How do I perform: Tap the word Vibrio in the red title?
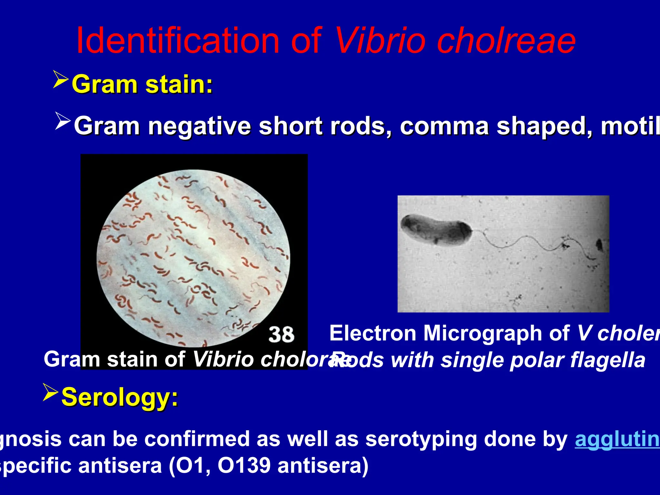(x=380, y=41)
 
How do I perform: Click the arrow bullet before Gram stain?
(x=61, y=80)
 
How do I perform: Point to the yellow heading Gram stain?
(x=142, y=84)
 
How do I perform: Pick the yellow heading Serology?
(x=120, y=397)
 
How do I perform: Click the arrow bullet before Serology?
(x=50, y=392)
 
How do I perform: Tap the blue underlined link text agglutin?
(x=617, y=439)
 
